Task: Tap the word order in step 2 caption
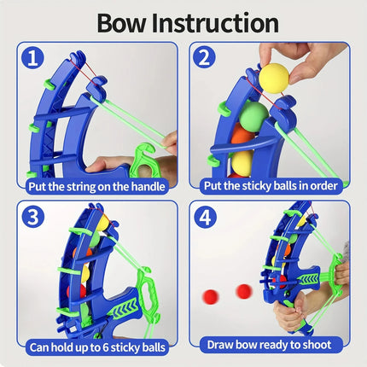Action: tap(315, 183)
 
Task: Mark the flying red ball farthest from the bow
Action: tap(210, 295)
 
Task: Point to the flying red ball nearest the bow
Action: tap(244, 290)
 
